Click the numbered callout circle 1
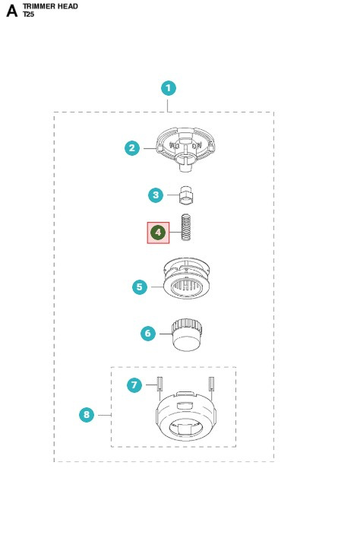pos(169,88)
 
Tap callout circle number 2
pos(132,148)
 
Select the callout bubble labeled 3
pos(156,195)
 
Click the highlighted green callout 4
pos(158,233)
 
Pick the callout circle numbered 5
pos(140,287)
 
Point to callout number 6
pos(148,333)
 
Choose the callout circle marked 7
pos(134,385)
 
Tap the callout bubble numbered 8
pos(87,415)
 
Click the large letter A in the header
pos(11,11)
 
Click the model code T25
pos(29,14)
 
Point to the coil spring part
pos(186,227)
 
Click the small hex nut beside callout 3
pos(186,195)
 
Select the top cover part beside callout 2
pos(185,149)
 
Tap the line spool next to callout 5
pos(186,278)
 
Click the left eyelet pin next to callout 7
pos(159,383)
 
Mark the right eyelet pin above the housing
pos(211,383)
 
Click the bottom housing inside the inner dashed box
pos(186,416)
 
